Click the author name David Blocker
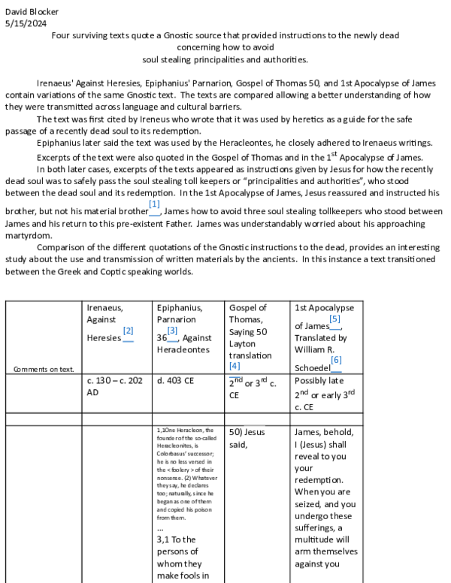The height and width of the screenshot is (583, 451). [32, 12]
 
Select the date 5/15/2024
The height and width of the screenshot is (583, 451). [25, 23]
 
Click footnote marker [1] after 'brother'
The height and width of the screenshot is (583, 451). [154, 204]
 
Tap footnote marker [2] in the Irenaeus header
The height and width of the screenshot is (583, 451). [128, 331]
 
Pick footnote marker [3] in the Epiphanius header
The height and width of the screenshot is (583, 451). [172, 331]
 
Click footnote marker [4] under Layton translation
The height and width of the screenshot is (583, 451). [235, 366]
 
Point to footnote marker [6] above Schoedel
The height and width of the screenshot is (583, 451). [335, 361]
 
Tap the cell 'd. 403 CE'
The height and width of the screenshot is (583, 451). [175, 381]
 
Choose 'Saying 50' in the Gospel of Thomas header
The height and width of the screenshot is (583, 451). [249, 331]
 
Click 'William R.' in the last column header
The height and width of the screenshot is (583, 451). [316, 349]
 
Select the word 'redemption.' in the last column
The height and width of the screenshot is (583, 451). [319, 480]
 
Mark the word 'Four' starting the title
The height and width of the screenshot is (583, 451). [61, 35]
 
